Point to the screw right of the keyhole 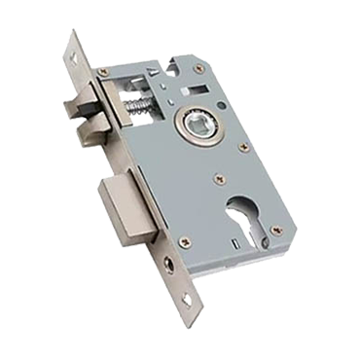276,231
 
